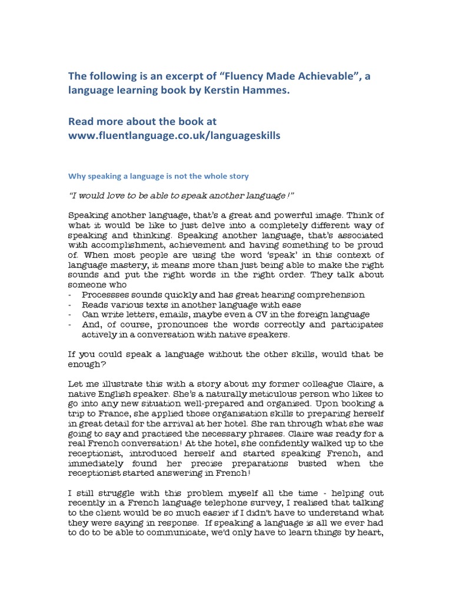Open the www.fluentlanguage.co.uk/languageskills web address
(x=174, y=135)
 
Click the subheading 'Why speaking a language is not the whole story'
(x=159, y=175)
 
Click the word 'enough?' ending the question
(x=90, y=364)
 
